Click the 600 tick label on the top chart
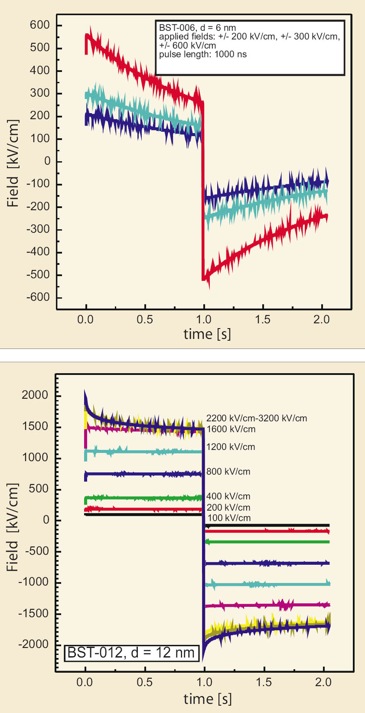(x=40, y=25)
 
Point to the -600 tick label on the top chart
(x=38, y=297)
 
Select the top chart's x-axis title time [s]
(x=207, y=334)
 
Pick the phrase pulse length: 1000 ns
(x=203, y=55)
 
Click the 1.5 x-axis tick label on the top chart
(x=263, y=320)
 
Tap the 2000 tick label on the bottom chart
(x=35, y=395)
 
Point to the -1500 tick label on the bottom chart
(x=33, y=613)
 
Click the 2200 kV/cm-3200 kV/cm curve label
(x=257, y=418)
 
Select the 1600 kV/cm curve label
(x=231, y=429)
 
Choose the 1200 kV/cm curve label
(x=231, y=447)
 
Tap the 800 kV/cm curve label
(x=228, y=472)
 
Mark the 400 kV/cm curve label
(x=228, y=496)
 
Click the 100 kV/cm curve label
(x=229, y=518)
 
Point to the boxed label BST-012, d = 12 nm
(x=131, y=653)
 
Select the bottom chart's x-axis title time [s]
(x=208, y=699)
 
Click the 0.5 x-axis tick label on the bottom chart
(x=145, y=682)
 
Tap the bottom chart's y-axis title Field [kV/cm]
(x=13, y=527)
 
